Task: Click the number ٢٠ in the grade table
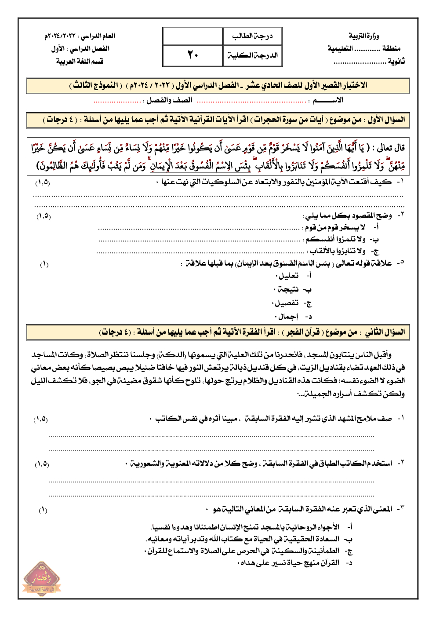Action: (x=193, y=55)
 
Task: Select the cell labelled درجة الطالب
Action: (x=252, y=37)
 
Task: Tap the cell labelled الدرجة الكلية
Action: (x=252, y=55)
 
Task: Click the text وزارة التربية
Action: (x=363, y=36)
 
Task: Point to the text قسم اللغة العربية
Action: (x=80, y=61)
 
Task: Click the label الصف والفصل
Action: (x=169, y=100)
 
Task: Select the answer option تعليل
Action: (x=289, y=276)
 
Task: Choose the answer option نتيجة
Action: (x=288, y=289)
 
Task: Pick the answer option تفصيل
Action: (x=287, y=303)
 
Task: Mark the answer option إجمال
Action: (x=288, y=317)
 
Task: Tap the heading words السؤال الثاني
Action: (x=385, y=332)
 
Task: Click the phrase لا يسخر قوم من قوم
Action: (x=335, y=227)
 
